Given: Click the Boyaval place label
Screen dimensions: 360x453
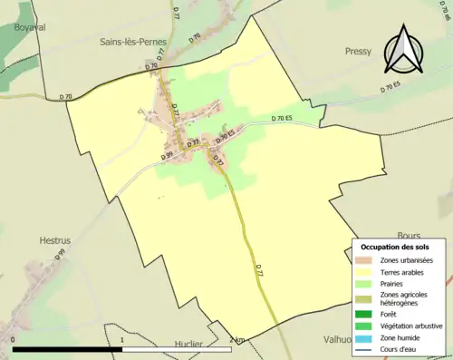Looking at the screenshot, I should click(30, 28).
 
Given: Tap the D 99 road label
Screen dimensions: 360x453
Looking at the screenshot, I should click(168, 155).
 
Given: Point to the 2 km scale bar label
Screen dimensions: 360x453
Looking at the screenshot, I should click(236, 340).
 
